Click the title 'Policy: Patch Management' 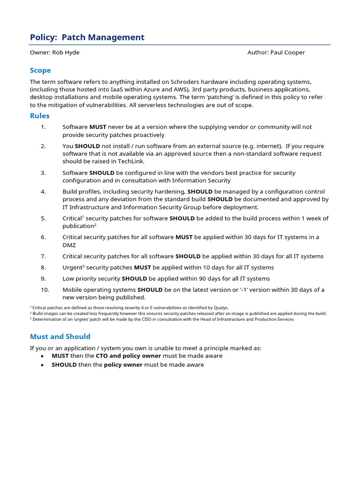pyautogui.click(x=87, y=37)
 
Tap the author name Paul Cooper pyautogui.click(x=287, y=52)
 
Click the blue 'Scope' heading pyautogui.click(x=40, y=70)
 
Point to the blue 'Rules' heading pyautogui.click(x=40, y=116)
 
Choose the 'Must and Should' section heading pyautogui.click(x=60, y=337)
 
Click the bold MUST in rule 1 pyautogui.click(x=98, y=127)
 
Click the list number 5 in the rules pyautogui.click(x=43, y=218)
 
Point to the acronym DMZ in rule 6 pyautogui.click(x=69, y=245)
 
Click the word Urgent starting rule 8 pyautogui.click(x=72, y=268)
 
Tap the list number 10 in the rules pyautogui.click(x=45, y=290)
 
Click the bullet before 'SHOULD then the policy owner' pyautogui.click(x=42, y=365)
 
